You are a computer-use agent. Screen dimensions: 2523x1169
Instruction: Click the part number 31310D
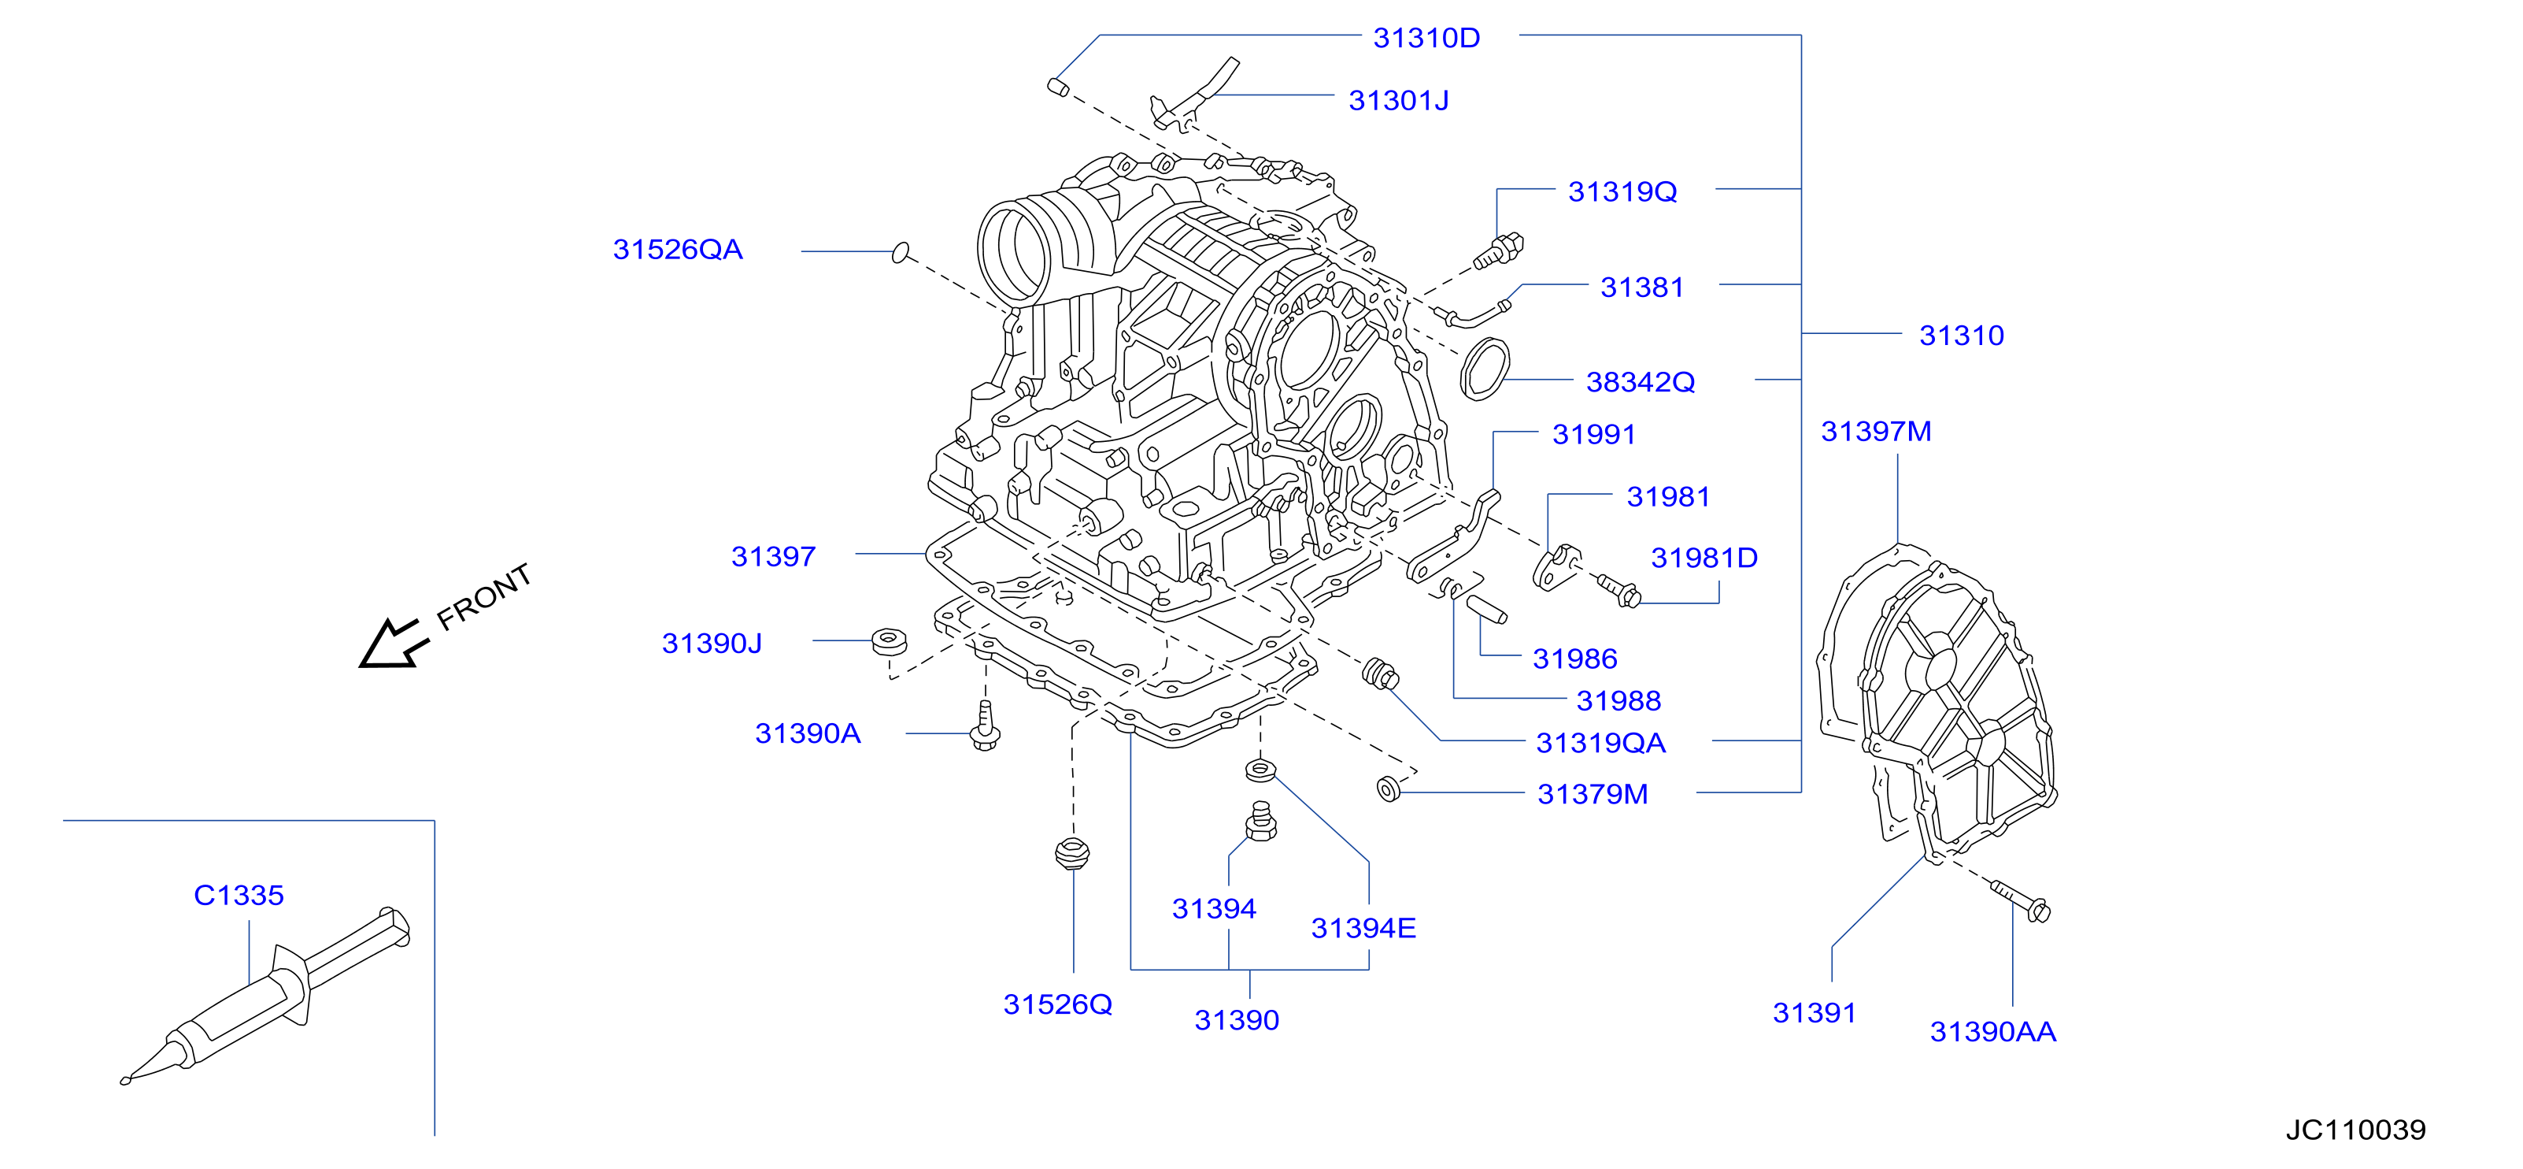coord(1426,39)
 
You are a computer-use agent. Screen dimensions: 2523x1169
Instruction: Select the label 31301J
coord(1399,101)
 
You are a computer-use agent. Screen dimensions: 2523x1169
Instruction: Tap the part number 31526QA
coord(678,250)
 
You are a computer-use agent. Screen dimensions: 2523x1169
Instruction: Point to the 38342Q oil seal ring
coord(1485,369)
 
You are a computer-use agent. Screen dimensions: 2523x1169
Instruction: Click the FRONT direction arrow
coord(392,645)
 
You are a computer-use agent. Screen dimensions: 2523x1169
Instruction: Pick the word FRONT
coord(484,597)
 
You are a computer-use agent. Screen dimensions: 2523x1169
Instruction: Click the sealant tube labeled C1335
coord(265,995)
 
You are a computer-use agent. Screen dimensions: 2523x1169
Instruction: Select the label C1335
coord(239,896)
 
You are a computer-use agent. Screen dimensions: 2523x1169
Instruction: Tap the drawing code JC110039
coord(2355,1130)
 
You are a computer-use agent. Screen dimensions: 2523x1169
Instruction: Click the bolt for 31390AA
coord(2021,901)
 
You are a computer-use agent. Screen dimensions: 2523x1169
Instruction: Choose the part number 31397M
coord(1876,432)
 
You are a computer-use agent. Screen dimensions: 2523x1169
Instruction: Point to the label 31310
coord(1961,336)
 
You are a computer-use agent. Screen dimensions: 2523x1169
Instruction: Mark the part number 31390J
coord(712,644)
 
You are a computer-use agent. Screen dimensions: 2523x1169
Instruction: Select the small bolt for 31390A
coord(986,726)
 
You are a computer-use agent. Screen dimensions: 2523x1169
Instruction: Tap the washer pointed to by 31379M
coord(1389,788)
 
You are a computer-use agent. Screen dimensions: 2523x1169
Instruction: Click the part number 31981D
coord(1704,559)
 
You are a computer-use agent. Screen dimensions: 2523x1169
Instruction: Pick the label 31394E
coord(1363,929)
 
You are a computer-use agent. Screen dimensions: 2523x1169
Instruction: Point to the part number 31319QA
coord(1600,744)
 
